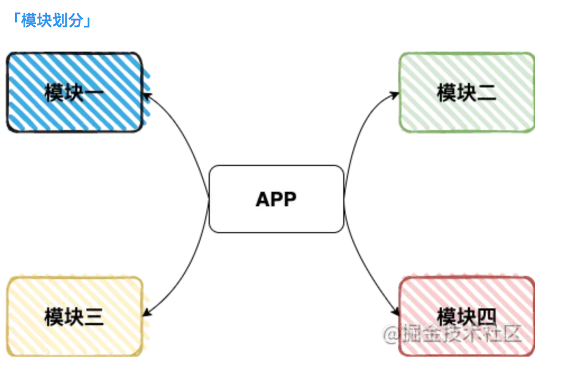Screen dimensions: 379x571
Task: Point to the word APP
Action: tap(276, 199)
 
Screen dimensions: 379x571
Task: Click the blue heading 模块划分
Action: tap(52, 21)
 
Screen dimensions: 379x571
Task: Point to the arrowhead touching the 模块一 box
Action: tap(148, 95)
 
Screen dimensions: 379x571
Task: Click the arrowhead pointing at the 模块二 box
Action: tap(395, 95)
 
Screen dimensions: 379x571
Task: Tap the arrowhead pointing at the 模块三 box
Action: tap(148, 312)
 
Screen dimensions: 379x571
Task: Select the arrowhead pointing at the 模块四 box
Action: tap(395, 313)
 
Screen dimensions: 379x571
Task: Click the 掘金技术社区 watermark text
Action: tap(453, 335)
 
